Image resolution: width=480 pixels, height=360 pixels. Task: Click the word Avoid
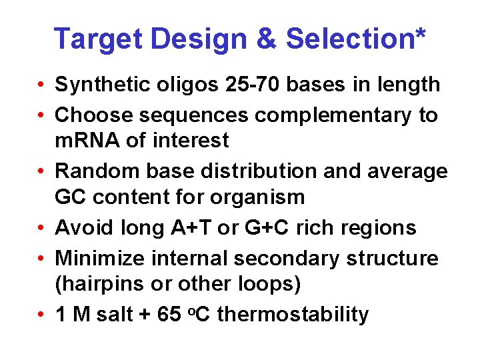click(79, 228)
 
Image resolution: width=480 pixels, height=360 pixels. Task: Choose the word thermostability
click(293, 314)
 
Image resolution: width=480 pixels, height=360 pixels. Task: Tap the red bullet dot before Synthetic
click(41, 85)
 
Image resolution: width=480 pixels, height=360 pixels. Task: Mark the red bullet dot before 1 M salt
click(41, 315)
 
